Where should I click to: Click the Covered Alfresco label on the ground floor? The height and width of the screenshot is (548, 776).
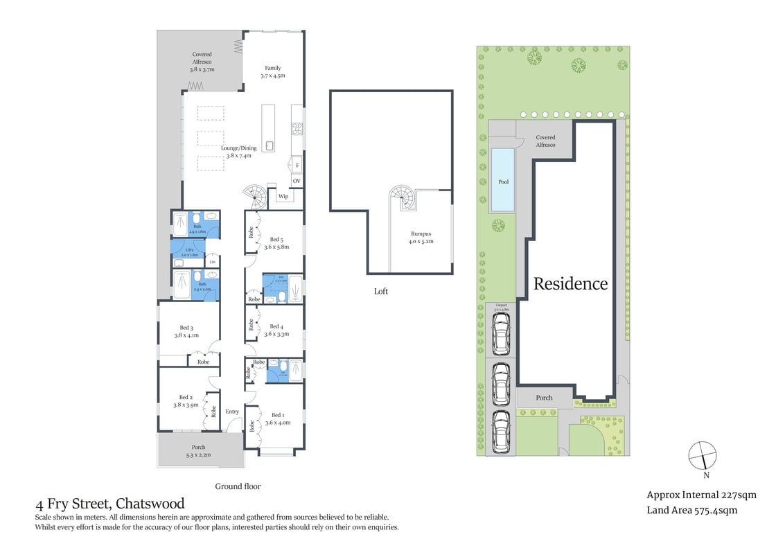[202, 62]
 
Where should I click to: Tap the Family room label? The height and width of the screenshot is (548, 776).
[273, 71]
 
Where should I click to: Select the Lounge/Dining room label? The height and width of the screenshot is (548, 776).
[238, 152]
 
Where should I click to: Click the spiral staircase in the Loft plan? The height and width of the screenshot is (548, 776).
[403, 198]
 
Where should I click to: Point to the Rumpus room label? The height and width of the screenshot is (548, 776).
[420, 238]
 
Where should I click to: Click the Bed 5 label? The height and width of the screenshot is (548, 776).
[276, 242]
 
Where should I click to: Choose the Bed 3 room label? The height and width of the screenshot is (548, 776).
[186, 331]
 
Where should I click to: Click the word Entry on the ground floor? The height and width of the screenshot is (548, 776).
[232, 412]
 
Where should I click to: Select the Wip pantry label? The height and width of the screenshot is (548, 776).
[283, 197]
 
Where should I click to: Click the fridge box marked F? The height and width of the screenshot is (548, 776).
[297, 166]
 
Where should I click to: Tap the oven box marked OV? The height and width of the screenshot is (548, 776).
[297, 181]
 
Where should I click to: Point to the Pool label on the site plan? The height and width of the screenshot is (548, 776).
[504, 182]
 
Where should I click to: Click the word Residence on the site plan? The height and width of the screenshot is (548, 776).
[570, 283]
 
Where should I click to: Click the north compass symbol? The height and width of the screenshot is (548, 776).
[702, 456]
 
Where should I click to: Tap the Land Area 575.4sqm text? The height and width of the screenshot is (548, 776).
[691, 511]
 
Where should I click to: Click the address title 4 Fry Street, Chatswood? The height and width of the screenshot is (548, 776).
[109, 504]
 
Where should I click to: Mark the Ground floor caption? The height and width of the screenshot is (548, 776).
[238, 486]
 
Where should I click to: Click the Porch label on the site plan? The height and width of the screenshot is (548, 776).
[545, 398]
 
